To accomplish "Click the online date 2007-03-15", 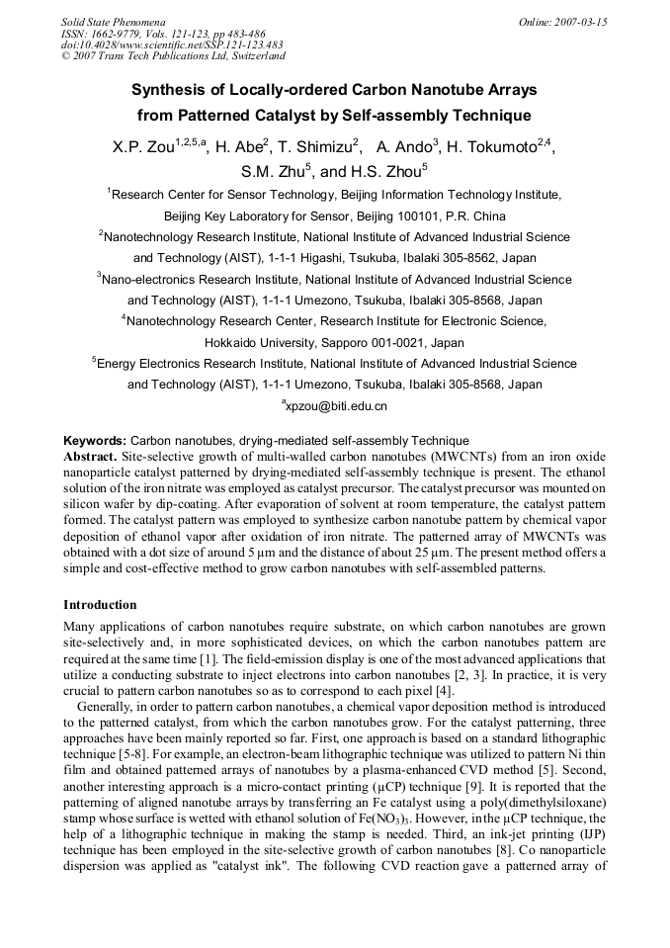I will click(x=579, y=22).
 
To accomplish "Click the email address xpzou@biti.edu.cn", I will click(x=337, y=406).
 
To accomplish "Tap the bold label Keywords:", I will click(x=95, y=441).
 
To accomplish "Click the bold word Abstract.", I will click(x=90, y=457).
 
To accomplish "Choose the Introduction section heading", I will click(x=100, y=605).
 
